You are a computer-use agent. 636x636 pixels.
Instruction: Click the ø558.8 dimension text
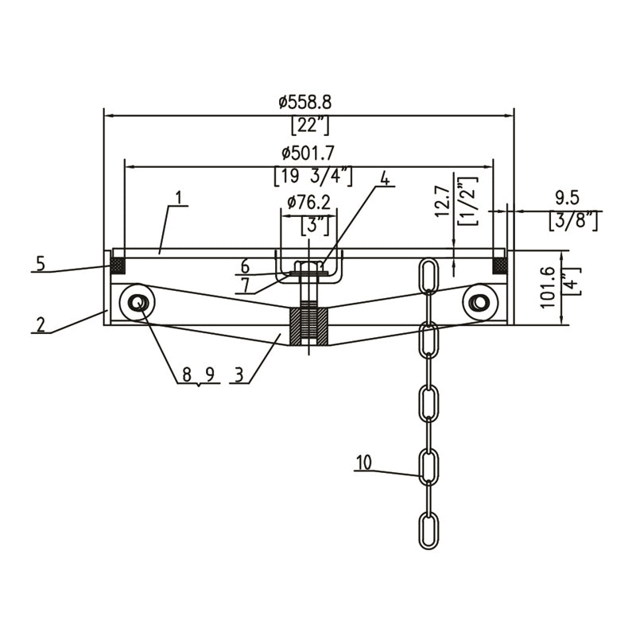[305, 103]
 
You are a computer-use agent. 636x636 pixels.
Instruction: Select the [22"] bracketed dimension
[310, 126]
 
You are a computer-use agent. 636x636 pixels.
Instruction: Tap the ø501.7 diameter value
[308, 153]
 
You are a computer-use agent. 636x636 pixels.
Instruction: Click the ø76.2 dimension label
[308, 202]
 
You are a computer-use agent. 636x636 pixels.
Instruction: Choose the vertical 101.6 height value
[548, 288]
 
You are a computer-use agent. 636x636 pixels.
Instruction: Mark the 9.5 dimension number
[567, 199]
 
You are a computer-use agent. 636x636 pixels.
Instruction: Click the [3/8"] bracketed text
[573, 221]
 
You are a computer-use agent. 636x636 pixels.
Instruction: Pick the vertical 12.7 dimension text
[443, 201]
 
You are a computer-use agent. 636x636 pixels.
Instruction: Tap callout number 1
[179, 197]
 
